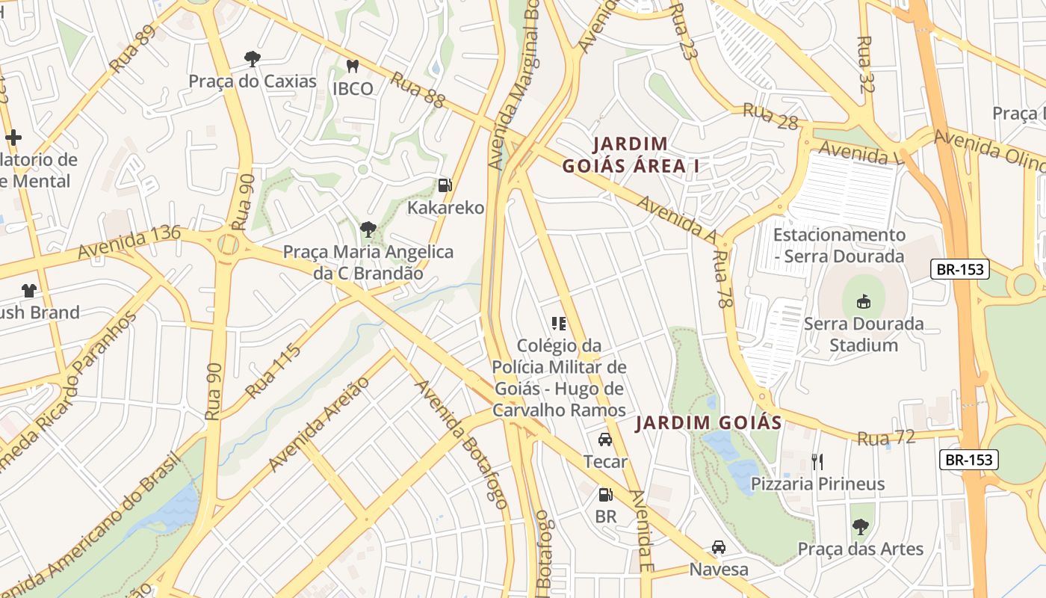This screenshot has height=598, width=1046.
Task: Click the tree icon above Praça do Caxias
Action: click(x=253, y=58)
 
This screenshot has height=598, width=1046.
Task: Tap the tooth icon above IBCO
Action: click(x=353, y=67)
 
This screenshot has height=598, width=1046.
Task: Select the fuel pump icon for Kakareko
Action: click(x=445, y=185)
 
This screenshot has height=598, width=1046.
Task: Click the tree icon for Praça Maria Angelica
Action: click(x=368, y=229)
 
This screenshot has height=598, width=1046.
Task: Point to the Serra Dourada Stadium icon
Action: click(x=864, y=301)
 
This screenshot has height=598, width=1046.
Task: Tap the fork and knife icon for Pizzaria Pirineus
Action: click(x=817, y=461)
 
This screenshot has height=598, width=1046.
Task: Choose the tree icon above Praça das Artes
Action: click(x=861, y=526)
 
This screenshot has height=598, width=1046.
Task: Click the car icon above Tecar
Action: click(x=605, y=440)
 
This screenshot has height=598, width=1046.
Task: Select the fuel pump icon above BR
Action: click(x=605, y=494)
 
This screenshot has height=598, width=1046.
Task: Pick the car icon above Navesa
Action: click(x=718, y=547)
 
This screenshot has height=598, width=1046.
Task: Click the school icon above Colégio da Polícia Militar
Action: click(x=559, y=324)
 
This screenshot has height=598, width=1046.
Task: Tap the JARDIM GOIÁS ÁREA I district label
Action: click(x=631, y=155)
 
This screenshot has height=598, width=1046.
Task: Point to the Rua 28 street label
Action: click(x=770, y=117)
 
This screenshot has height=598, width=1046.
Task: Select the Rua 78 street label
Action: click(x=723, y=279)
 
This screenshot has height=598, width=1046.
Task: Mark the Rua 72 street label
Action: click(x=886, y=438)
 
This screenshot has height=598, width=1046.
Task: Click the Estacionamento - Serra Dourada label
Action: click(x=839, y=245)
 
